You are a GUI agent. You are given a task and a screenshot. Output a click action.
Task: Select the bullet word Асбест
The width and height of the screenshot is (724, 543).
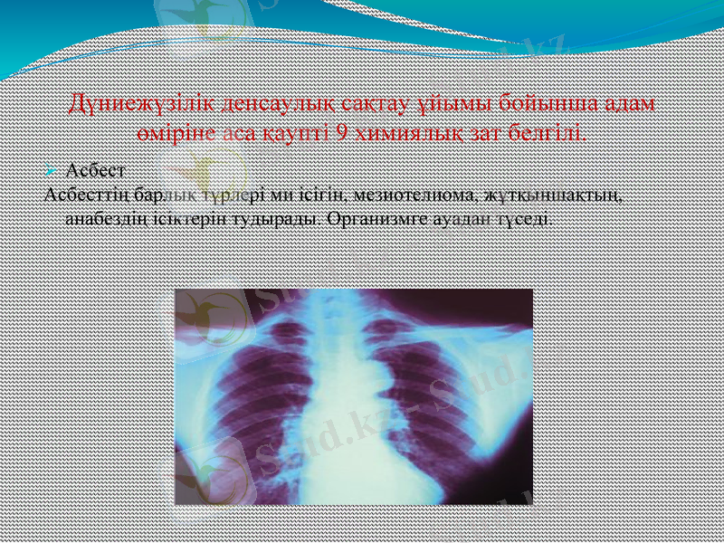[x=96, y=170]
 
